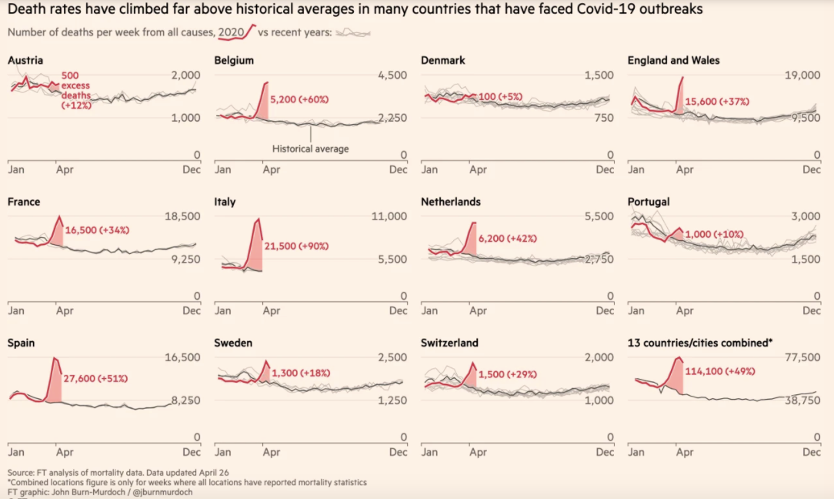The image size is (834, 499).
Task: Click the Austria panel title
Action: (x=25, y=60)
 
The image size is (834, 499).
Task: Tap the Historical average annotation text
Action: (x=311, y=149)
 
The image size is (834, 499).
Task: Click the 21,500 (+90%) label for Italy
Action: (x=296, y=246)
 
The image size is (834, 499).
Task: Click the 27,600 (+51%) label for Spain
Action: (x=95, y=379)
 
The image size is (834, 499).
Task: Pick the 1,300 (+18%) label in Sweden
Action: (x=301, y=373)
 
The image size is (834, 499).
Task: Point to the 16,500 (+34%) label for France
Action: (x=97, y=230)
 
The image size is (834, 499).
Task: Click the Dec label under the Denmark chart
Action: (x=605, y=169)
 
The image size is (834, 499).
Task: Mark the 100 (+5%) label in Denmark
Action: (x=500, y=96)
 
